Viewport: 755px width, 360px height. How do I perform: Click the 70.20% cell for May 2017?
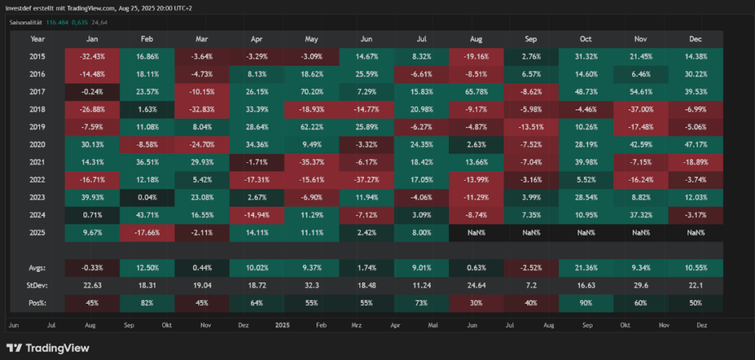tap(312, 91)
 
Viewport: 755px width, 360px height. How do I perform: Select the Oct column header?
tap(585, 39)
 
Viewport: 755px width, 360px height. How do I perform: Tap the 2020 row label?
tap(38, 145)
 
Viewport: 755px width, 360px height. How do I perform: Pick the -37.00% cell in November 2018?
tap(641, 109)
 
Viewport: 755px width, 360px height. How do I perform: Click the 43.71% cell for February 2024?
tap(147, 215)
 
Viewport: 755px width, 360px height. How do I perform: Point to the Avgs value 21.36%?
tap(585, 266)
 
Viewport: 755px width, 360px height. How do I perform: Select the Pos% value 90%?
tap(585, 302)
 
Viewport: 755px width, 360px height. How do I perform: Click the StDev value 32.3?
tap(312, 284)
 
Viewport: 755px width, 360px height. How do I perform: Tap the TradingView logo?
tap(47, 347)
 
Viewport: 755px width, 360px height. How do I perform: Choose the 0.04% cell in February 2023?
tap(147, 197)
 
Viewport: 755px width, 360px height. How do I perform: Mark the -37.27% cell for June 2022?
tap(366, 179)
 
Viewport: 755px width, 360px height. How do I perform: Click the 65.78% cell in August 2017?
tap(476, 91)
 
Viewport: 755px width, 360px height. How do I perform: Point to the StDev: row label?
tap(38, 284)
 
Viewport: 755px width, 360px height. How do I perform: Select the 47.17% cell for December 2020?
tap(695, 145)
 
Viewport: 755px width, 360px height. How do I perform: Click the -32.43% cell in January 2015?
tap(93, 56)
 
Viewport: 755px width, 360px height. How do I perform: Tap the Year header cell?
tap(38, 39)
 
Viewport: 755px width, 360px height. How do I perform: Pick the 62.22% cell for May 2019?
tap(312, 127)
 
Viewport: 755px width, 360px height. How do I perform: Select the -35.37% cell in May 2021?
tap(312, 162)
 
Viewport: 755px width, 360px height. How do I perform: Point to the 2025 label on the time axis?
tap(282, 325)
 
